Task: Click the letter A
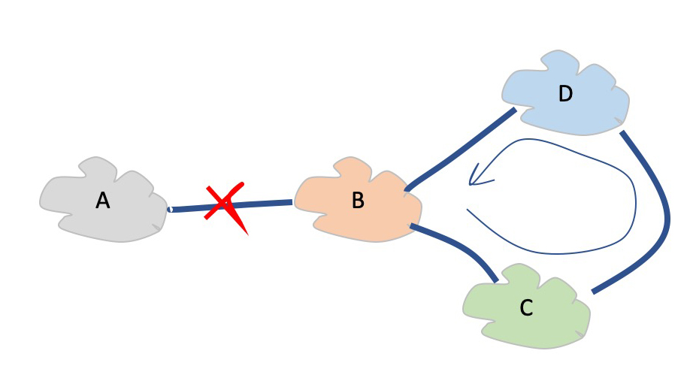point(103,201)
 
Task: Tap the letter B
point(358,201)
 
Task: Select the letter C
point(526,308)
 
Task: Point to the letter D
point(565,94)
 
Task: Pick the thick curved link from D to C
point(661,218)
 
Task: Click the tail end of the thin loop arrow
point(468,210)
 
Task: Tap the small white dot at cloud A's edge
point(170,209)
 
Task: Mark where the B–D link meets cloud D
point(515,110)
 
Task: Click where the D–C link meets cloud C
point(593,292)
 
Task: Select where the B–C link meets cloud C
point(496,281)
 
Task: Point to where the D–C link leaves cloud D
point(622,134)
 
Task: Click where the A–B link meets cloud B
point(292,201)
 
